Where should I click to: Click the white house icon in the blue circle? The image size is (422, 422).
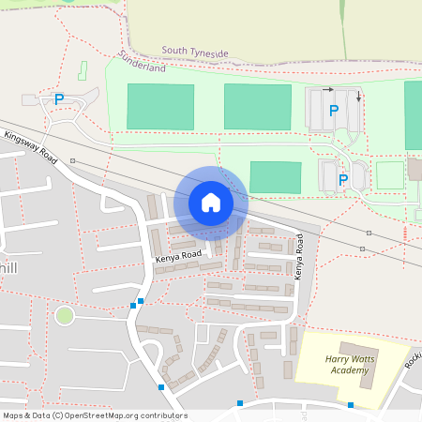[211, 202]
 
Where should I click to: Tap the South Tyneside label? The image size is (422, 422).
[195, 53]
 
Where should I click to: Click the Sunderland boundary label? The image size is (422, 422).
[143, 68]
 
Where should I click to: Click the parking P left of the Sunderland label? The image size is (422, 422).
[59, 98]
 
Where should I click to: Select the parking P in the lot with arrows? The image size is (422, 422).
[333, 111]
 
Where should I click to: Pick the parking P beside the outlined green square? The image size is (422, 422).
[343, 179]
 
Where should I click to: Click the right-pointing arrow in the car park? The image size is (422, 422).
[327, 90]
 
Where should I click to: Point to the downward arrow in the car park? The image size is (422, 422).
[358, 96]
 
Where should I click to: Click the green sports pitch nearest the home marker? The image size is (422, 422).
[276, 177]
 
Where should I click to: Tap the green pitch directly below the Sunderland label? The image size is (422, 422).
[160, 106]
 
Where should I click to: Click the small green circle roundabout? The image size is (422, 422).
[64, 315]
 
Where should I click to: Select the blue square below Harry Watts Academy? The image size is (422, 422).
[351, 405]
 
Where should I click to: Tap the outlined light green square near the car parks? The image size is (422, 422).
[389, 175]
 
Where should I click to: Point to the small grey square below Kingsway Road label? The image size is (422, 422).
[72, 161]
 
